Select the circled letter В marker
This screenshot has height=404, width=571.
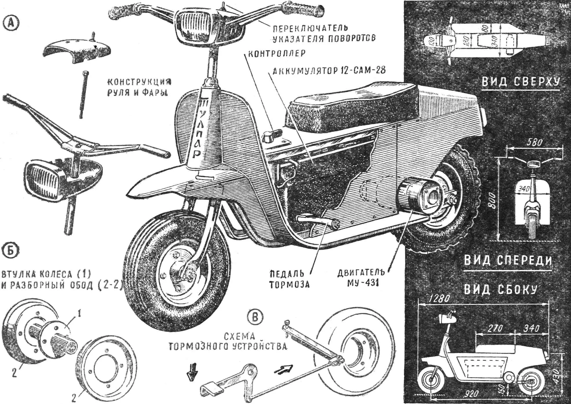pos(255,317)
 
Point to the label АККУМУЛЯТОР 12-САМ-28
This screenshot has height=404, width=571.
pos(329,70)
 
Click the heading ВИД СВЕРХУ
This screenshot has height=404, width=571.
pos(521,82)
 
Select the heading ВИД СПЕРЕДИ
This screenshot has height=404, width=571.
pos(508,260)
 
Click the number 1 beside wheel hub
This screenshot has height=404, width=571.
pos(79,313)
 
